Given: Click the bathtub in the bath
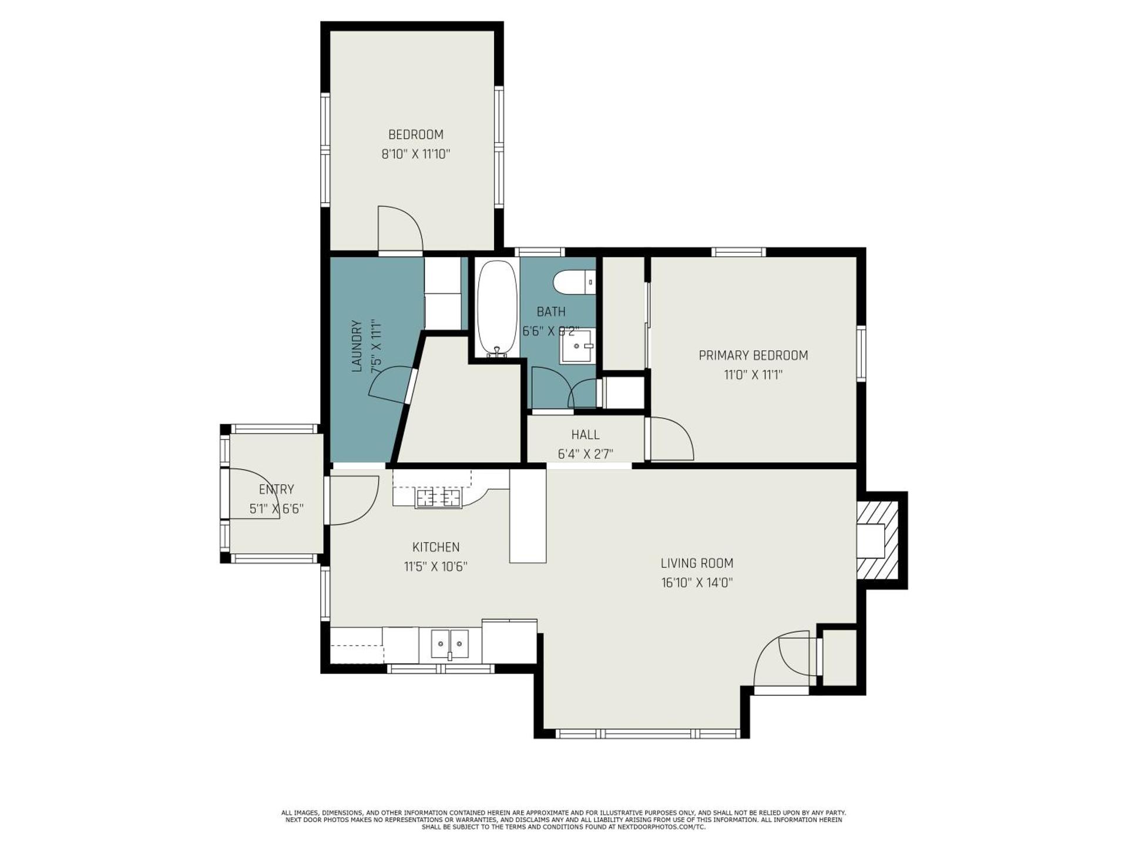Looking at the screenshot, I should click(x=497, y=308).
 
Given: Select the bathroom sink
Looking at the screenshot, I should click(x=576, y=347).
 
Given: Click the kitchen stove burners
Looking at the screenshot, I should click(x=438, y=499).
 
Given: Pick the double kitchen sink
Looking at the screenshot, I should click(x=450, y=644).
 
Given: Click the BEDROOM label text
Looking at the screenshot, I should click(x=416, y=135).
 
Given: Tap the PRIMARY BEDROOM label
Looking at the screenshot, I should click(x=753, y=355).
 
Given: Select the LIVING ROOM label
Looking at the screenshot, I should click(x=697, y=563).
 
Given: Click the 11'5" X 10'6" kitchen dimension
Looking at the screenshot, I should click(x=435, y=567).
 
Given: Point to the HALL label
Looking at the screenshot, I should click(x=585, y=435).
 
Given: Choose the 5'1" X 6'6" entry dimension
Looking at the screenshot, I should click(x=276, y=509).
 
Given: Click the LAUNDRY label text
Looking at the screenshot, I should click(x=356, y=347).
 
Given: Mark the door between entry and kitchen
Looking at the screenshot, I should click(x=352, y=499).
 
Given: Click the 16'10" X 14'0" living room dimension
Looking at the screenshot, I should click(x=697, y=583).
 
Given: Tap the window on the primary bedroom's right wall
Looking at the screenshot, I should click(x=861, y=354).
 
